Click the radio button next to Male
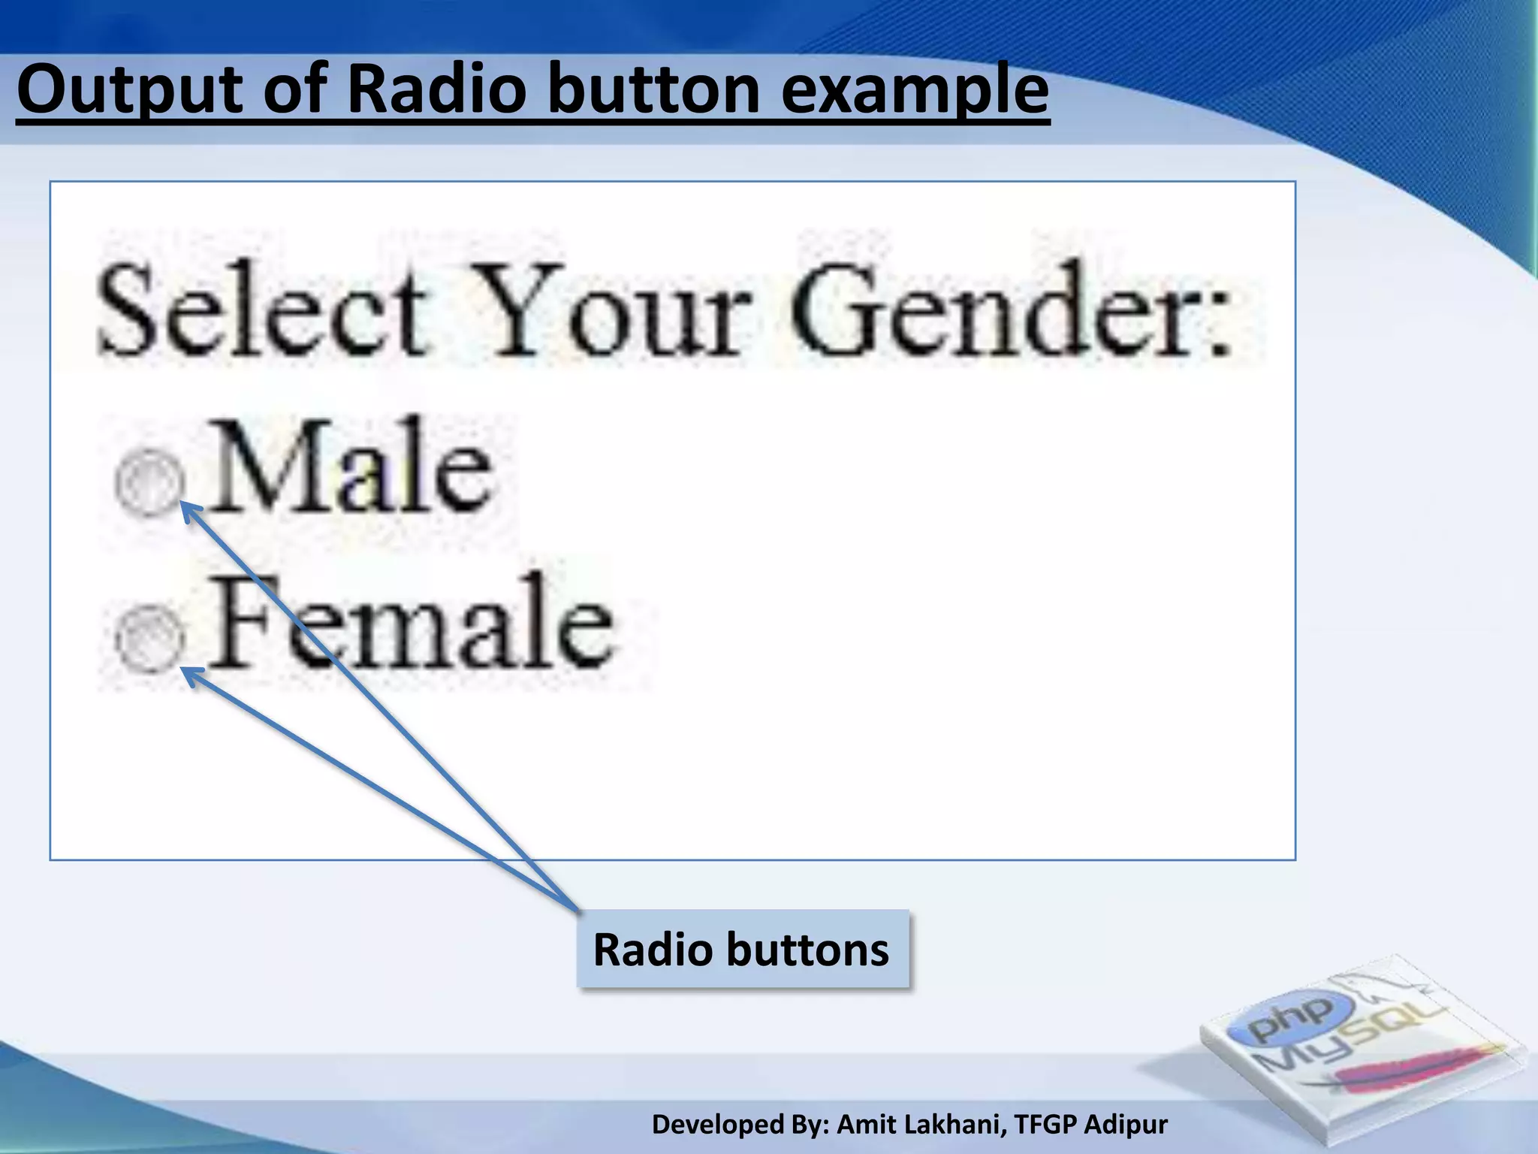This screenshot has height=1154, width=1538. tap(149, 483)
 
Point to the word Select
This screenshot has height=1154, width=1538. tap(263, 310)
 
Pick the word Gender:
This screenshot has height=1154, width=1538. tap(1010, 310)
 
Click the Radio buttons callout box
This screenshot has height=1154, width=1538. tap(742, 950)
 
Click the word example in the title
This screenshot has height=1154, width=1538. tap(914, 90)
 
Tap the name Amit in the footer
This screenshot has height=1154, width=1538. tap(862, 1125)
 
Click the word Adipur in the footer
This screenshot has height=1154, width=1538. tap(1126, 1125)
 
